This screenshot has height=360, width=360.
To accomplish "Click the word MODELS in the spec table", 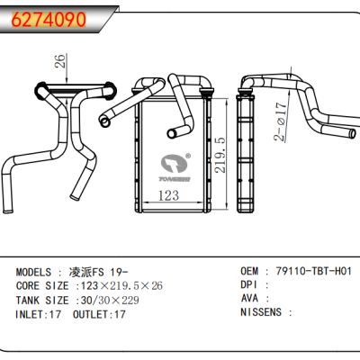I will click(x=39, y=270).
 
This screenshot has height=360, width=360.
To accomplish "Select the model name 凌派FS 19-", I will click(x=99, y=270).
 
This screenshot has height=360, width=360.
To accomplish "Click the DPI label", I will click(x=251, y=284).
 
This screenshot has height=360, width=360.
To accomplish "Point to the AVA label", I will click(x=251, y=299).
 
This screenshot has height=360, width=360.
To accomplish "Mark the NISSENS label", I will click(x=263, y=313).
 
